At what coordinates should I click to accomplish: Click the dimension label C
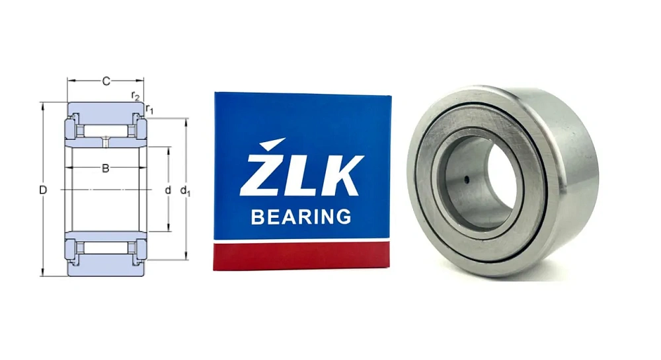point(106,82)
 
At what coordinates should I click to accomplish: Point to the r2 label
point(136,96)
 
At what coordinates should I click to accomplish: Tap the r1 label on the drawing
point(149,109)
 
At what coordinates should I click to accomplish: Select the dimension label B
point(105,168)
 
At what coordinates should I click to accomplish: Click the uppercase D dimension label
point(43,190)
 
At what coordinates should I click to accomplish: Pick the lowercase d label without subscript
point(168,190)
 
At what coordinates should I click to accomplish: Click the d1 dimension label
point(187,192)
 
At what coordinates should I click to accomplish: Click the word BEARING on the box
point(301,216)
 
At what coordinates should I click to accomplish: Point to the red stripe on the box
point(301,256)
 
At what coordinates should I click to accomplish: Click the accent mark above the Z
point(272,144)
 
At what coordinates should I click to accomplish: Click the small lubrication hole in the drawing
point(106,141)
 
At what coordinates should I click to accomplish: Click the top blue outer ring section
point(106,110)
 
